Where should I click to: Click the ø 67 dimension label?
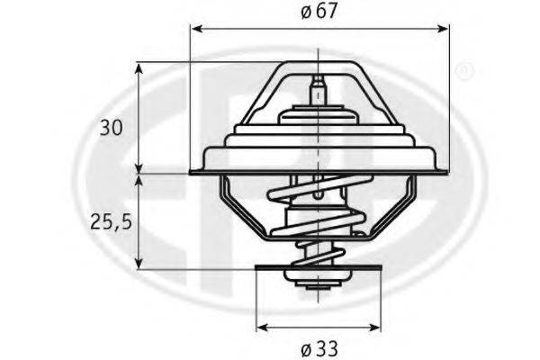click(319, 12)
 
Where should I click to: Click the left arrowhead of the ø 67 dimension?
click(195, 30)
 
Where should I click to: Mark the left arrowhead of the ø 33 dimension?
click(262, 326)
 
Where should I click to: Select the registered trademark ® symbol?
click(463, 69)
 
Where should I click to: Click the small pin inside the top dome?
click(317, 91)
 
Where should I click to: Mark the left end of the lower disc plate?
click(259, 267)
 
